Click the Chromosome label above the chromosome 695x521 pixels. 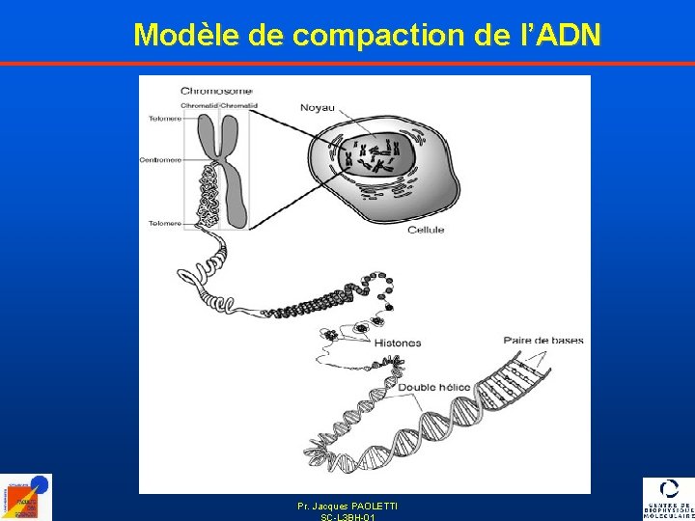coord(209,91)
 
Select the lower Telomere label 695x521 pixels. coord(163,223)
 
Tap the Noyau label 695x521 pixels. coord(319,107)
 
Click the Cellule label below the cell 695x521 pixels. coord(426,230)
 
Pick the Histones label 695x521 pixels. coord(397,343)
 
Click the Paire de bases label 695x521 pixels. coord(543,341)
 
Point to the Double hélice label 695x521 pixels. coord(434,387)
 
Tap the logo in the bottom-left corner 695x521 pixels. coord(26,497)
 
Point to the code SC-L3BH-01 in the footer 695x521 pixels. coord(347,517)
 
